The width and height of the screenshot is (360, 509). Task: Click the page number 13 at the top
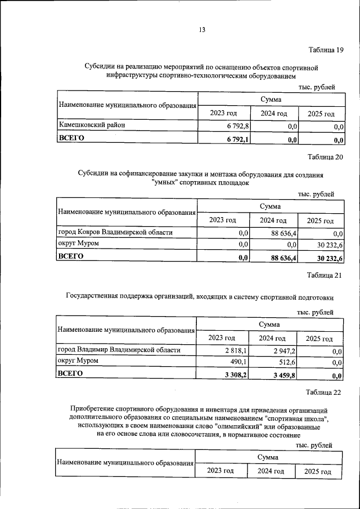tap(202, 30)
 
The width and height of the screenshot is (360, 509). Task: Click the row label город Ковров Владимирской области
tap(115, 232)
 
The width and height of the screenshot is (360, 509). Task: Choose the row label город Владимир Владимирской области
tap(119, 350)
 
